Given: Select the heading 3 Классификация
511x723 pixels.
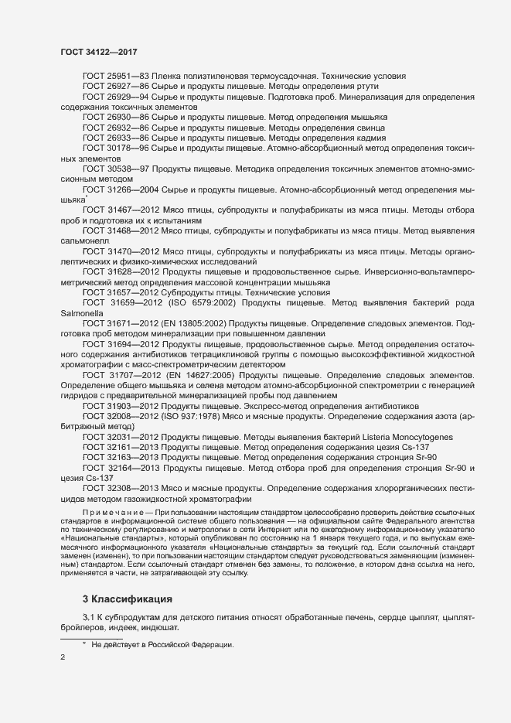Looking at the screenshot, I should click(128, 599).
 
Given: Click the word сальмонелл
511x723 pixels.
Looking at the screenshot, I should click(83, 241).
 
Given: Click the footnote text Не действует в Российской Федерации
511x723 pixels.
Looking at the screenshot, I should click(162, 644).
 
